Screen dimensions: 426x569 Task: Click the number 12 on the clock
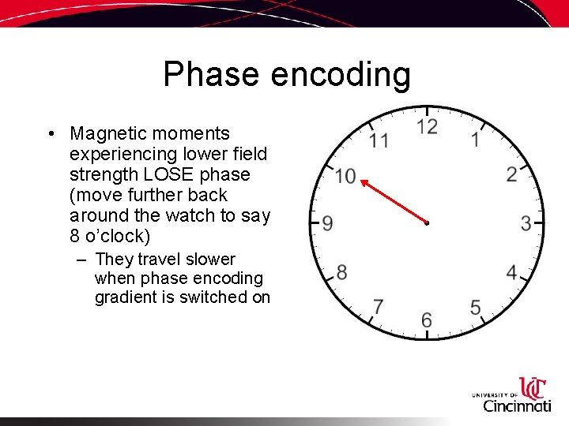click(427, 127)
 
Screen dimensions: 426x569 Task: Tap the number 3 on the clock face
click(526, 223)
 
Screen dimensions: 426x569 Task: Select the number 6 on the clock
click(427, 319)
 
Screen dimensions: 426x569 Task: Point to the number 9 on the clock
click(327, 223)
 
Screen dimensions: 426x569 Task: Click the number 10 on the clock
click(345, 175)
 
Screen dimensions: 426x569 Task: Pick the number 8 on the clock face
click(341, 272)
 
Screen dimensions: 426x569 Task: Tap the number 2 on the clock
click(512, 174)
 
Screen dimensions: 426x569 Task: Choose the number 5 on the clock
click(476, 307)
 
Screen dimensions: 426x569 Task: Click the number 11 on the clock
click(379, 140)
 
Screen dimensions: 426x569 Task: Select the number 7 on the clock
click(379, 306)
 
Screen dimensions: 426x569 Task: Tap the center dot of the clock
click(427, 224)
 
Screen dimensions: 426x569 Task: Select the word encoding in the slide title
click(341, 76)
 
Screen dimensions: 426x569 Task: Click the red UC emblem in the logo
click(533, 388)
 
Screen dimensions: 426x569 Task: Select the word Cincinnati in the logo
click(517, 405)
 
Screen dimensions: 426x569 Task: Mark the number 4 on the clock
click(512, 273)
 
